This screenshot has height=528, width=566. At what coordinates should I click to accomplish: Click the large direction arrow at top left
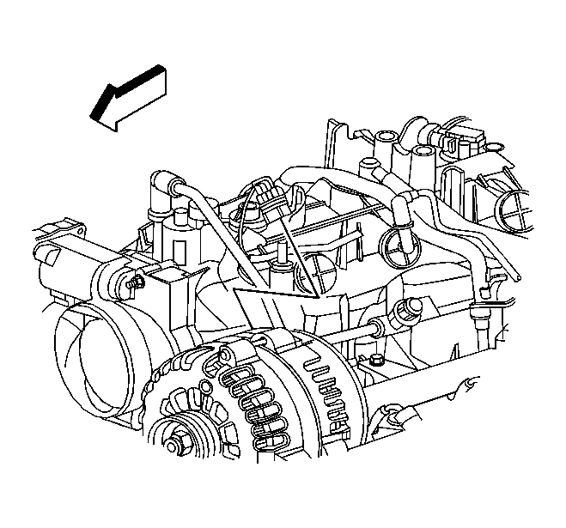pos(129,96)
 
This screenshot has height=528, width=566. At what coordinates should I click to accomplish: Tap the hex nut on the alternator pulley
pos(177,445)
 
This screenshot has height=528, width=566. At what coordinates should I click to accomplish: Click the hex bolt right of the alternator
pos(378,361)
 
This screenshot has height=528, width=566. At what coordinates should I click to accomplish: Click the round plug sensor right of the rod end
pos(403,310)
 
